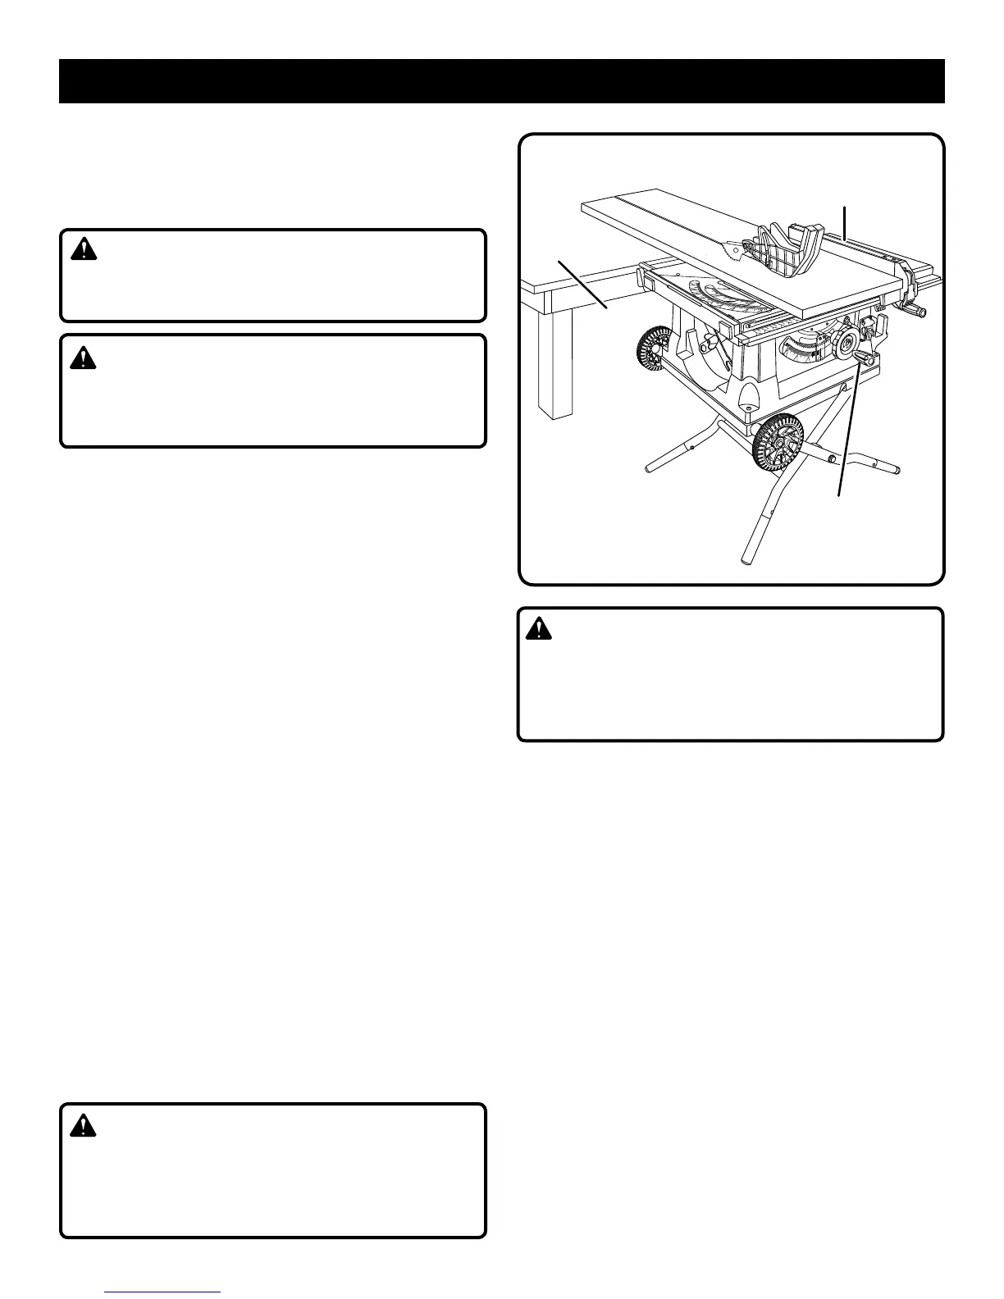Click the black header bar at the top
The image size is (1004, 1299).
[501, 81]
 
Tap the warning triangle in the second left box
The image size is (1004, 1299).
[83, 358]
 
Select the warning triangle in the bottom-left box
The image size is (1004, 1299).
[83, 1127]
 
